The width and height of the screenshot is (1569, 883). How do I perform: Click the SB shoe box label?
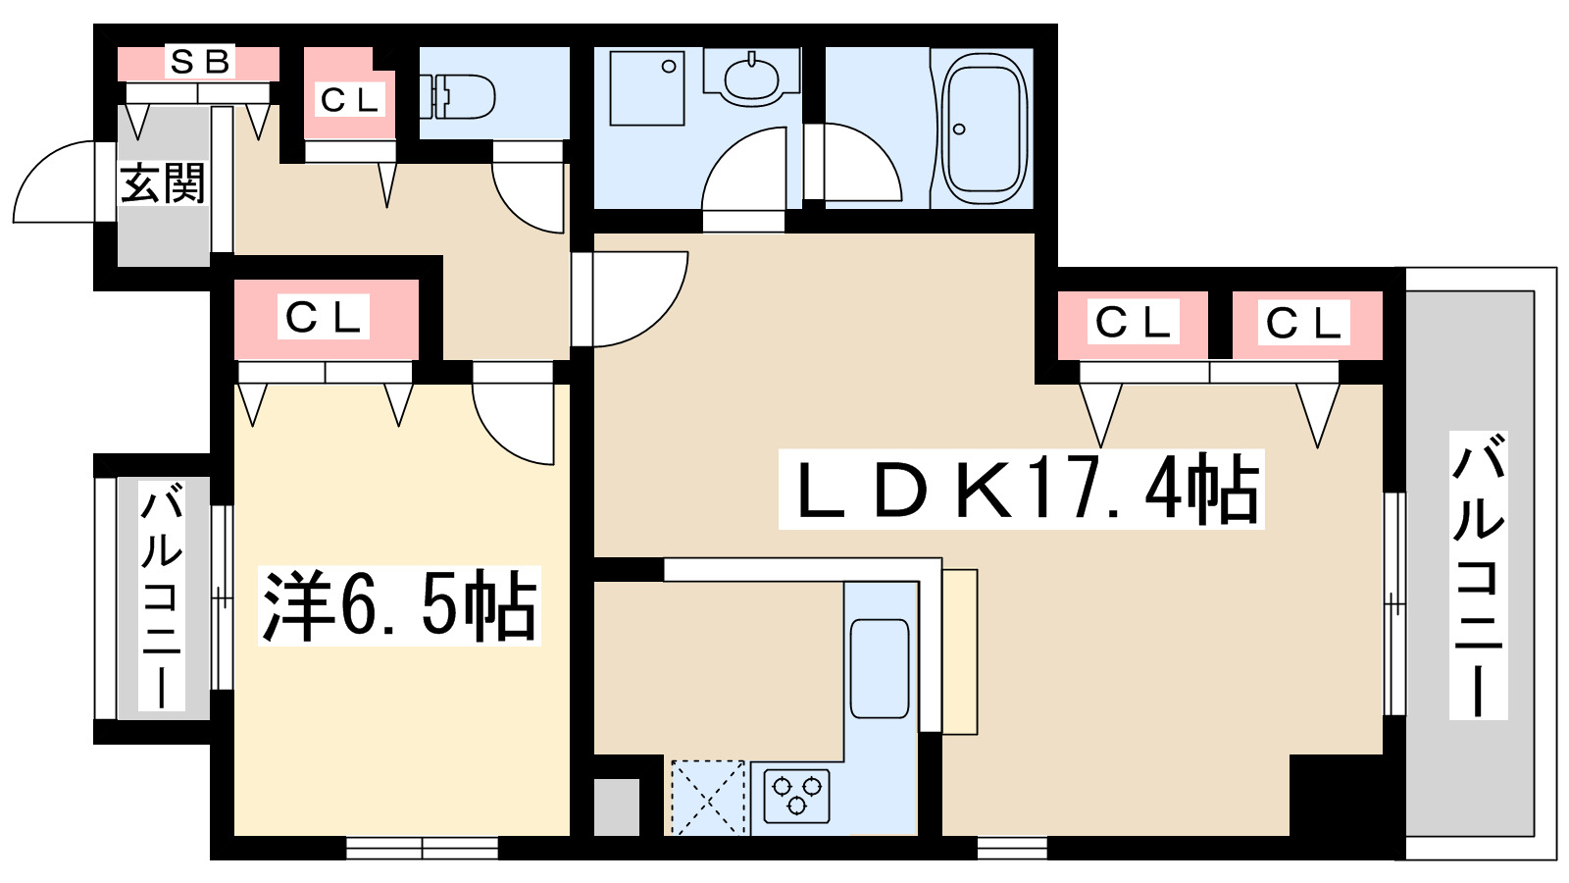click(x=200, y=63)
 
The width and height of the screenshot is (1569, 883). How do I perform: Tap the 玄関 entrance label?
click(x=163, y=183)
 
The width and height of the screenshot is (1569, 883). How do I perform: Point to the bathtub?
click(x=985, y=130)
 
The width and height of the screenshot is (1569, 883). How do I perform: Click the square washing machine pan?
click(x=646, y=87)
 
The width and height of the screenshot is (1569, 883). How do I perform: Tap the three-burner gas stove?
click(x=797, y=796)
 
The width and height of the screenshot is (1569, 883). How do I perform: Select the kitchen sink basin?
click(x=879, y=668)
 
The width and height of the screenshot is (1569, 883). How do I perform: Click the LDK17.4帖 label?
click(x=1021, y=490)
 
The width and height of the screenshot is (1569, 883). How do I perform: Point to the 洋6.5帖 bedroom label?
click(x=399, y=605)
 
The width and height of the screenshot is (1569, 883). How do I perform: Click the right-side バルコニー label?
click(x=1478, y=575)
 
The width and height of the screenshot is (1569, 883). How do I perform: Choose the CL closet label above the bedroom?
click(x=324, y=319)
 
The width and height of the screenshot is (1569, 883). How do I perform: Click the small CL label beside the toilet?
click(x=349, y=100)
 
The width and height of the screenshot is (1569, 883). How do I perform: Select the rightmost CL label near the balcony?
click(x=1303, y=323)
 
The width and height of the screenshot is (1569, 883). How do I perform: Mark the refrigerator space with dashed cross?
click(x=707, y=798)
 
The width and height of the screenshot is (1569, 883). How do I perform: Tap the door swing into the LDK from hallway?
click(x=656, y=316)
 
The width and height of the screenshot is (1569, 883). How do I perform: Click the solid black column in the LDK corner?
click(x=1336, y=795)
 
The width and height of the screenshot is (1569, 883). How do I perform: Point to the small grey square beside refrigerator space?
click(x=617, y=806)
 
